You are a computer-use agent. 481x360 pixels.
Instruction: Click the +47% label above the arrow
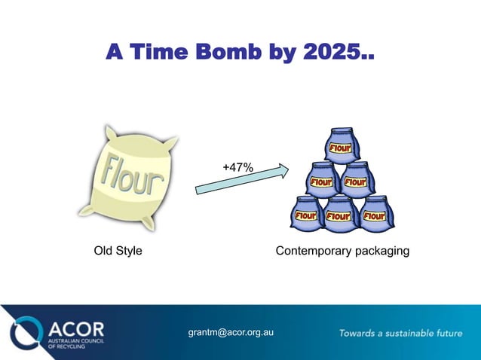(x=237, y=167)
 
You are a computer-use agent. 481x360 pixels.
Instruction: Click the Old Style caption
(x=118, y=250)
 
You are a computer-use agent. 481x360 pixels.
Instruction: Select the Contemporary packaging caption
(x=342, y=250)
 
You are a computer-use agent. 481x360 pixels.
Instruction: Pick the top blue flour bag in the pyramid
(x=341, y=144)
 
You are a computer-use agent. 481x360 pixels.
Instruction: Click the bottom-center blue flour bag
(x=340, y=214)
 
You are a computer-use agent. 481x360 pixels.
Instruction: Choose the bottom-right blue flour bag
(x=374, y=214)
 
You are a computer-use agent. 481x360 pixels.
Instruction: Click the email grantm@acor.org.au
(x=230, y=331)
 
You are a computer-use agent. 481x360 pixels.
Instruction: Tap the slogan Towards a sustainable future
(x=400, y=332)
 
